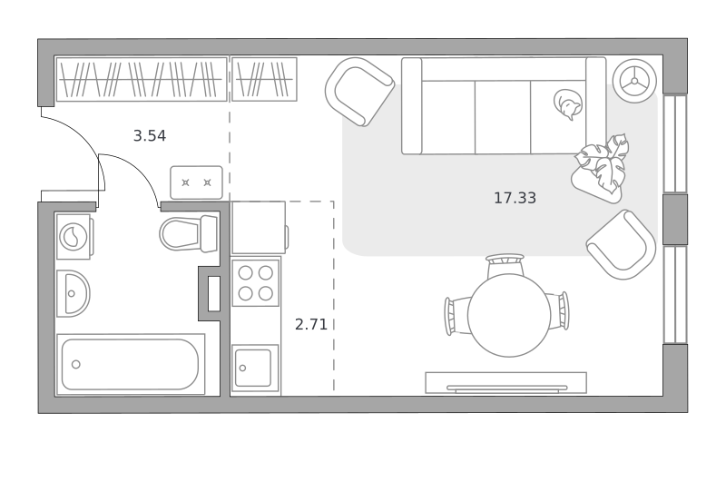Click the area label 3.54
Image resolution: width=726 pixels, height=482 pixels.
150,135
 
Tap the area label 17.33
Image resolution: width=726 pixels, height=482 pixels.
515,198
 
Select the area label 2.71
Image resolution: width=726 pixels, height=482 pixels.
311,324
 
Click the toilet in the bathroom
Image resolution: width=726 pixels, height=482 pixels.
189,234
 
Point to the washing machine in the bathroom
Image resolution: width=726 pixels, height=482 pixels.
74,237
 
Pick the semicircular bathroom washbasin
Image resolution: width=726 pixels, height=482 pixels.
73,293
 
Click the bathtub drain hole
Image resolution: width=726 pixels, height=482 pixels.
76,364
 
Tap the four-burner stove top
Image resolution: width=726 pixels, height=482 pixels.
256,282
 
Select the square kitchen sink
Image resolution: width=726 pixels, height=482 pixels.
256,369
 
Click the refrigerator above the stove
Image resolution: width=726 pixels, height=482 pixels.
259,227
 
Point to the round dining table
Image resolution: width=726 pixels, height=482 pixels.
509,315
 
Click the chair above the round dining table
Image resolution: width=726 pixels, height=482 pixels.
505,265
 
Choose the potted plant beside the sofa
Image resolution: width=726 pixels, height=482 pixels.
601,169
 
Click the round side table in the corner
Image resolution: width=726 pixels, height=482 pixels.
634,81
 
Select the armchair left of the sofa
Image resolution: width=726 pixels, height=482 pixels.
358,92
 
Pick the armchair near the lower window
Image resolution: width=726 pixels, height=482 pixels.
622,244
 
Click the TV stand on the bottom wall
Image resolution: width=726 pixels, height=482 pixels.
506,383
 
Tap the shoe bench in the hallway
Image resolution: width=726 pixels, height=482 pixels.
196,182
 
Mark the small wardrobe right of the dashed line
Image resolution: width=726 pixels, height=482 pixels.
264,79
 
